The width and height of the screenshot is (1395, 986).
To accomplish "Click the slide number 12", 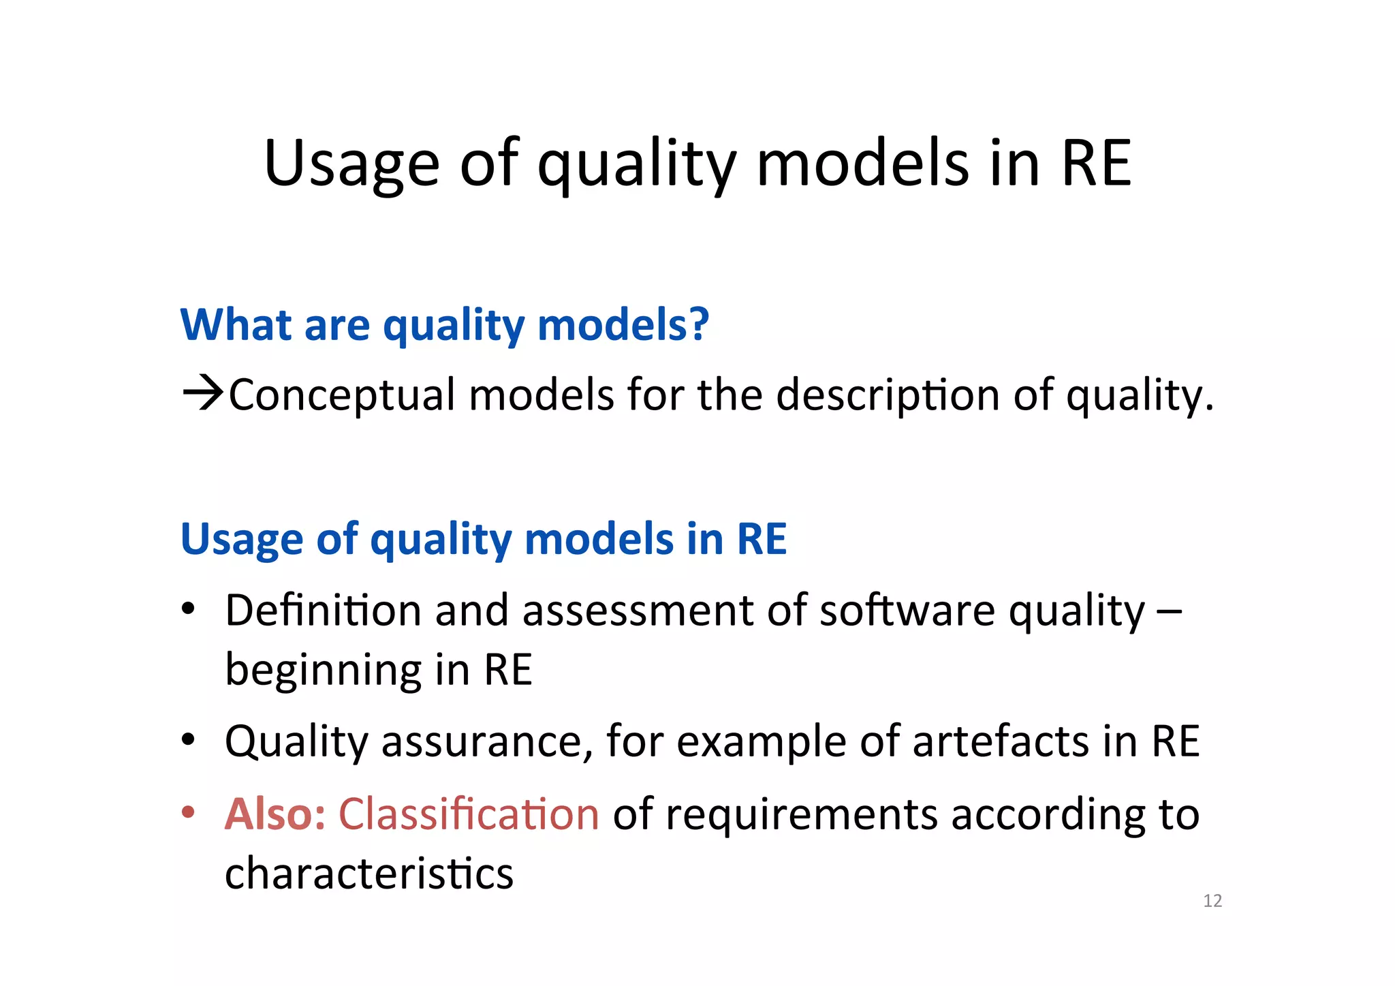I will (x=1212, y=901).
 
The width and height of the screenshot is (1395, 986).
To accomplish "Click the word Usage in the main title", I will (x=351, y=164).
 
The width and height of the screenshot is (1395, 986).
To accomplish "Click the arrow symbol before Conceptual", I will (x=202, y=393).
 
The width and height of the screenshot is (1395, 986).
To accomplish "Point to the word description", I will (x=888, y=395).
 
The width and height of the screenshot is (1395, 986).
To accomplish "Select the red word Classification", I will (x=469, y=814).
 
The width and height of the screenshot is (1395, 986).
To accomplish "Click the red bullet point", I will (x=189, y=812).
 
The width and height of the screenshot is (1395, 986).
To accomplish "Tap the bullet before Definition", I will (x=189, y=608).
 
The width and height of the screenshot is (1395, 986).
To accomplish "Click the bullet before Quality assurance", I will (x=189, y=739).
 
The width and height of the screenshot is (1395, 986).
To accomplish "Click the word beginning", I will (x=323, y=671).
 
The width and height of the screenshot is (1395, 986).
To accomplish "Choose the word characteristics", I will (x=369, y=874).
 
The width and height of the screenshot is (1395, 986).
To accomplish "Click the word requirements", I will (x=801, y=814).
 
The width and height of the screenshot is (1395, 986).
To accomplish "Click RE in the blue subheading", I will (x=762, y=539).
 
